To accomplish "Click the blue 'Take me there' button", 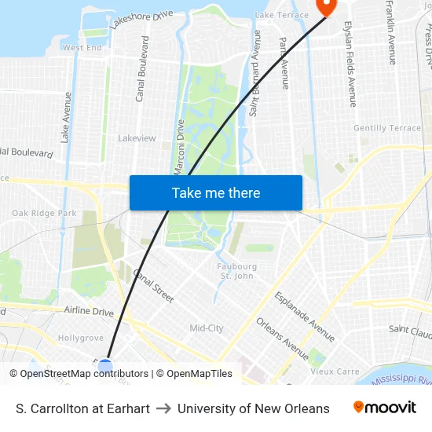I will [216, 192].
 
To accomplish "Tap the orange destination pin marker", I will [325, 6].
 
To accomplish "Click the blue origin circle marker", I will [104, 366].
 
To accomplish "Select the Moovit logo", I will [385, 408].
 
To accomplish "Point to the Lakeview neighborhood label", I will [137, 138].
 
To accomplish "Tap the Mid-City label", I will [207, 328].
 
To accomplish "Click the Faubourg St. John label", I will [236, 271].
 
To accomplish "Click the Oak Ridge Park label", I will [44, 213].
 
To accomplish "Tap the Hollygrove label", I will [81, 338].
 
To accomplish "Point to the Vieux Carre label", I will [335, 372].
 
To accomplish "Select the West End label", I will [82, 48].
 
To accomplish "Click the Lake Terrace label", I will [282, 16].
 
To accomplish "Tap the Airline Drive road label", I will [89, 311].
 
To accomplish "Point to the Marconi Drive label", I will [179, 147].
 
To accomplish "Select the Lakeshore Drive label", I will [141, 20].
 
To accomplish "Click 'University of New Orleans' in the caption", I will [253, 408].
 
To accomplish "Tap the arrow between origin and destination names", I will [163, 408].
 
